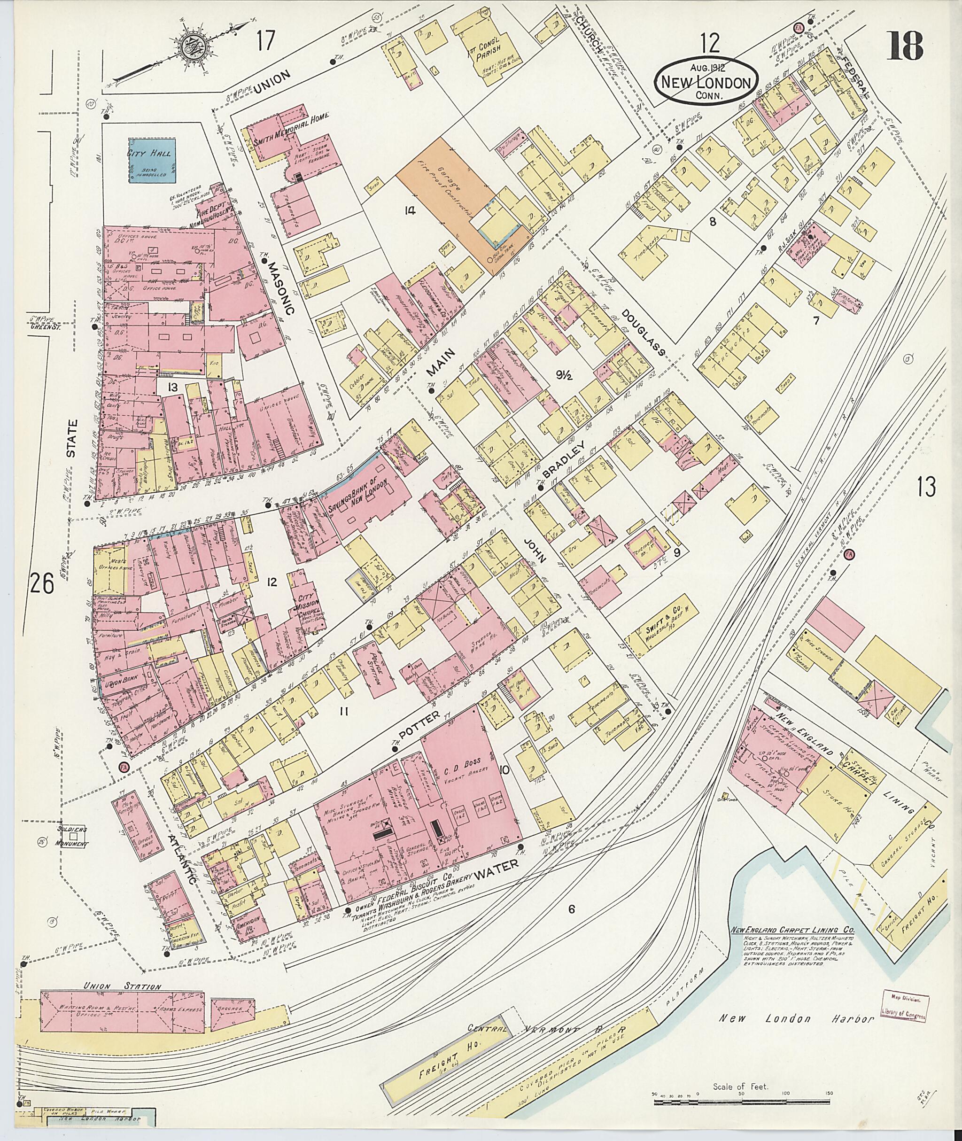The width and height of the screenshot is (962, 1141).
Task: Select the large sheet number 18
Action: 905,46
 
